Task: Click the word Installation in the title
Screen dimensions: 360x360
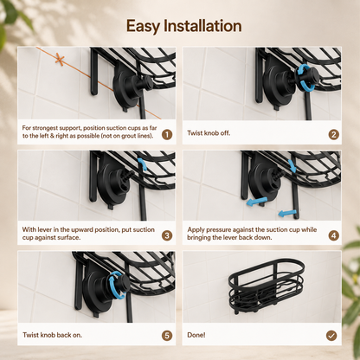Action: (x=202, y=26)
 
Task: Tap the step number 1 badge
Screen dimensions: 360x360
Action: (x=167, y=134)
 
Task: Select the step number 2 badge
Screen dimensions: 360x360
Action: (x=334, y=134)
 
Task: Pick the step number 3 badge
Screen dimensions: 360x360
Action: (x=167, y=235)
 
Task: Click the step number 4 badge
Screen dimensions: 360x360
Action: (x=334, y=235)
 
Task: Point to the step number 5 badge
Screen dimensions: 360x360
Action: (x=167, y=336)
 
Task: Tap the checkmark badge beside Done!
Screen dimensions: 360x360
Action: (x=331, y=336)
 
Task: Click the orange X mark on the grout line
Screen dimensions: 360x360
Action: (x=60, y=59)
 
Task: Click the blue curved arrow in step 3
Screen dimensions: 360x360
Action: (x=142, y=164)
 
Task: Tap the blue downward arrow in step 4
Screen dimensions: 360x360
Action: (x=292, y=165)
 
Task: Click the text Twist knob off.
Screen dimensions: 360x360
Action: (x=209, y=133)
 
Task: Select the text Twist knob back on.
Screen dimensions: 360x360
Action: (x=52, y=335)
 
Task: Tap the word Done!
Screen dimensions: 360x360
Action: (x=196, y=335)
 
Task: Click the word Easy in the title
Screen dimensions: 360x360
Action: (x=143, y=27)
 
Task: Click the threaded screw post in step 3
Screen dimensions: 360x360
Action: (x=129, y=175)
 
